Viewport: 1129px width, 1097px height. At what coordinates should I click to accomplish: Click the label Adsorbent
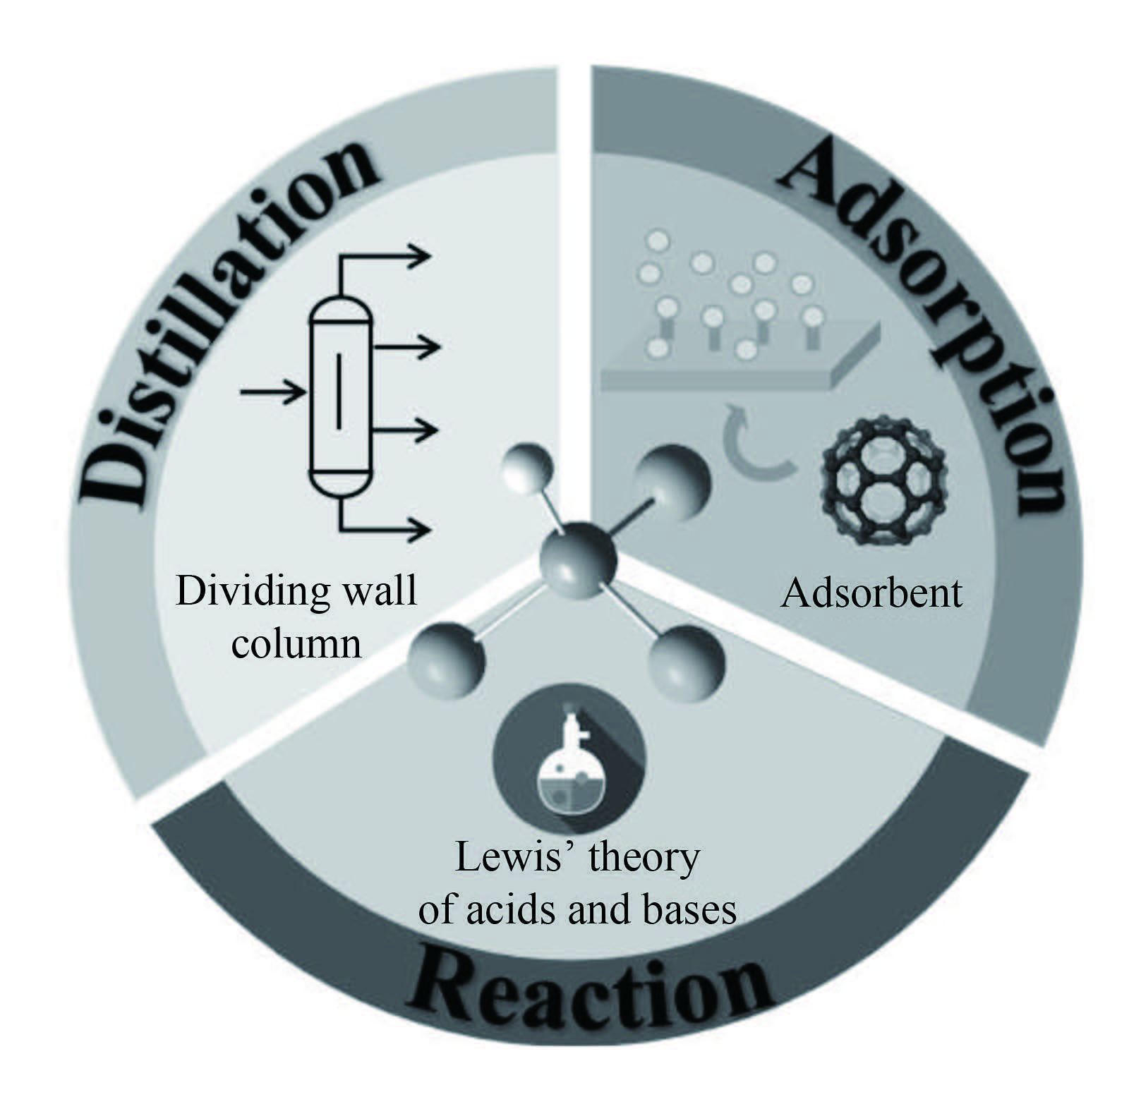[871, 593]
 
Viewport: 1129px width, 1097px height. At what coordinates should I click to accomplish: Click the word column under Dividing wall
[296, 643]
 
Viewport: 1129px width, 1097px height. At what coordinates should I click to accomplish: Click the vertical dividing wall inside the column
[339, 391]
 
